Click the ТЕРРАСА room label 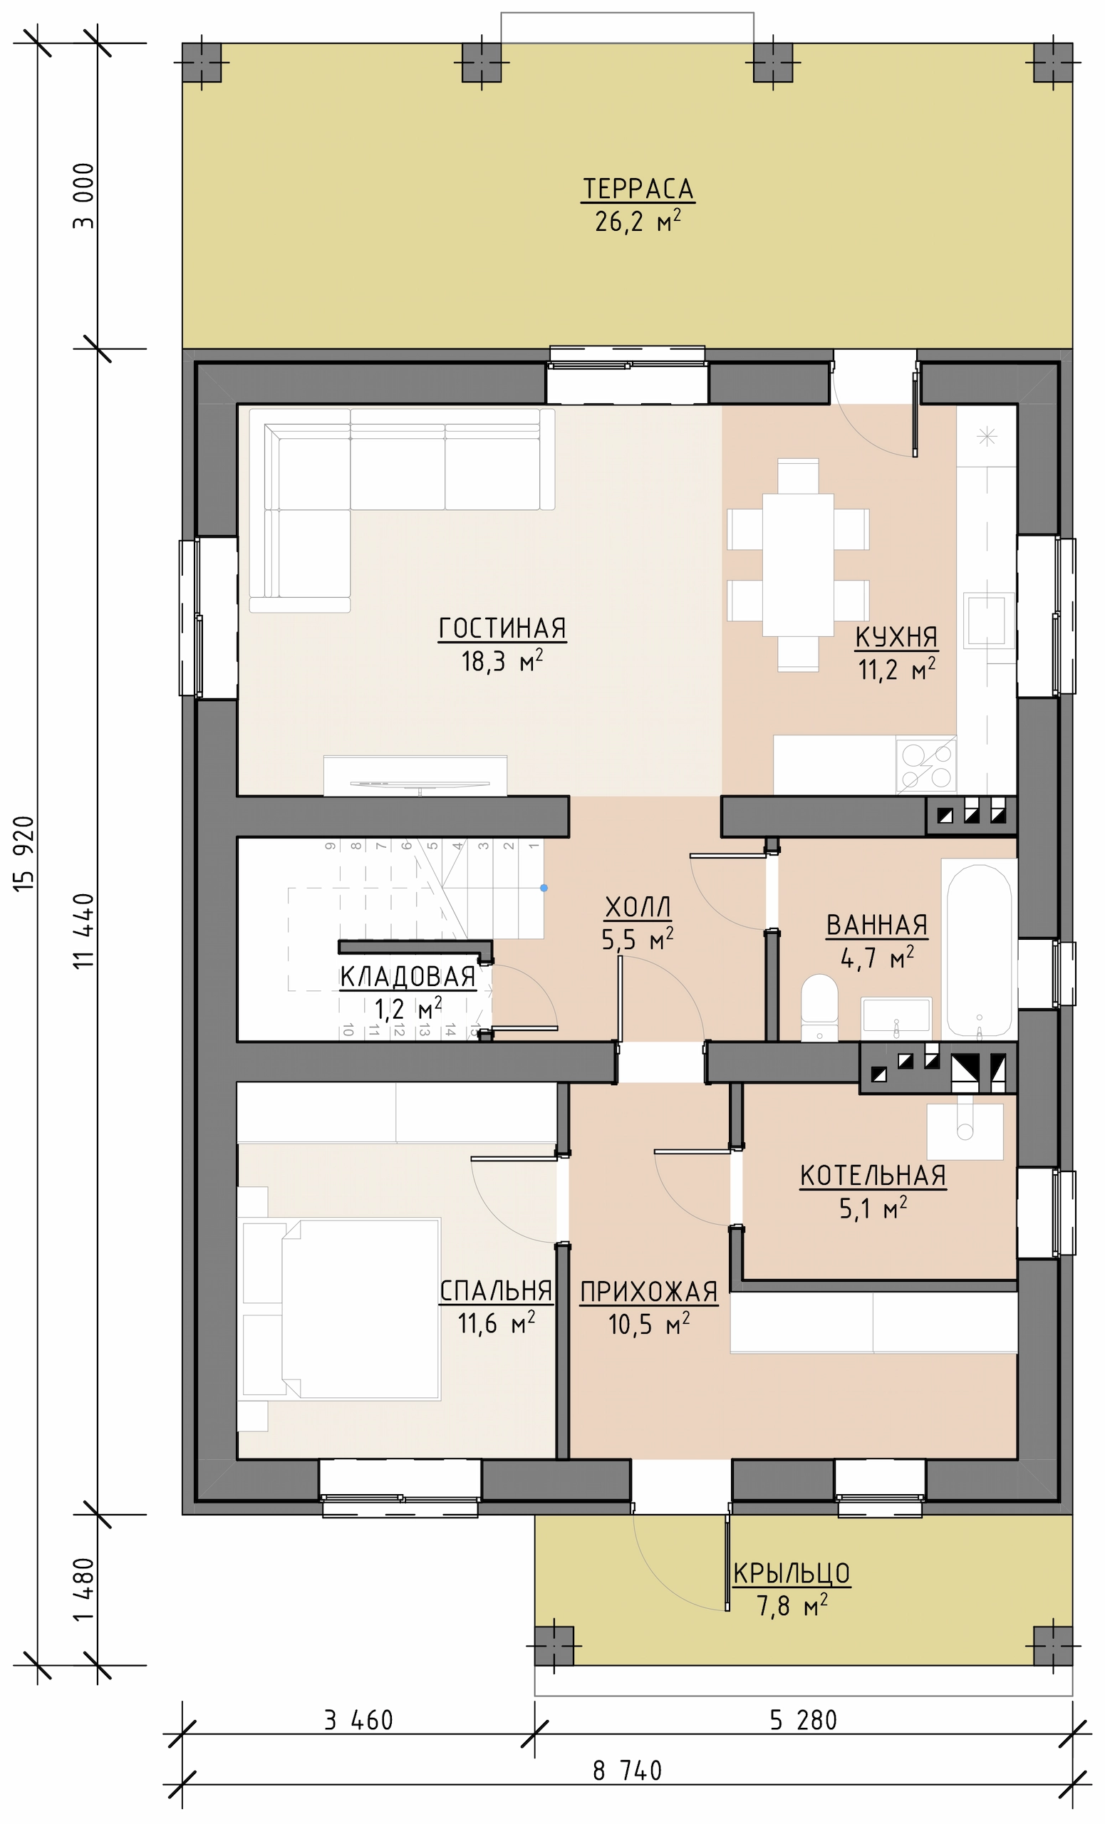(638, 189)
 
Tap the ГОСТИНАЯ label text (502, 628)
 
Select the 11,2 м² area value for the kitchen (896, 669)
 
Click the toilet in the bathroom (819, 1007)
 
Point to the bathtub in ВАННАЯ (979, 950)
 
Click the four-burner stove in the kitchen (926, 765)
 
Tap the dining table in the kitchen (798, 564)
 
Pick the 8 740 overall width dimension (627, 1771)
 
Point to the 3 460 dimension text (358, 1720)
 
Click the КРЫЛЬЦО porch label (792, 1574)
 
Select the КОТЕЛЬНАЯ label (873, 1176)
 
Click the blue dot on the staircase (544, 888)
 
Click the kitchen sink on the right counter (988, 621)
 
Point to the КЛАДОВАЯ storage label (408, 977)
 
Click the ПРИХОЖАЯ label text (648, 1292)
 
